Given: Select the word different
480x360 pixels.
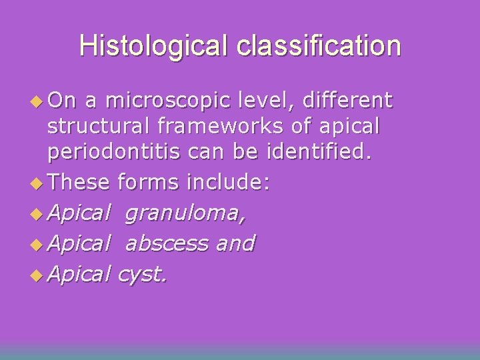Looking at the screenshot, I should [347, 101].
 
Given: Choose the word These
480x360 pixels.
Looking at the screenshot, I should [80, 183].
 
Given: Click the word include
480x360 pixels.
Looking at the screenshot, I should [229, 183].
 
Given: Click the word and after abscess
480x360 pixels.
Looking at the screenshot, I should [235, 243].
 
